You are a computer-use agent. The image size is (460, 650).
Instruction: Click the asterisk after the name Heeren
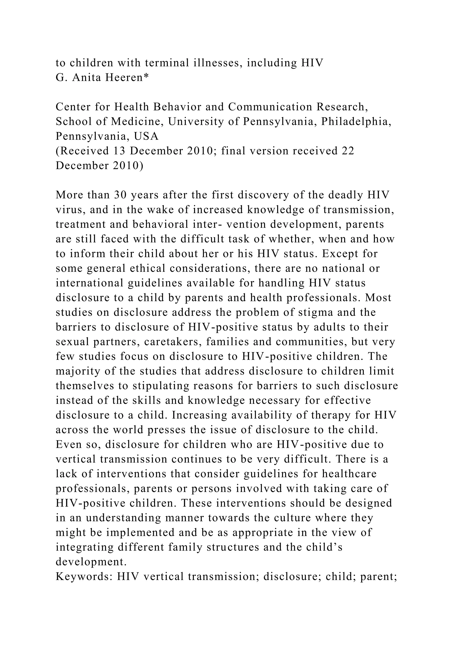[146, 77]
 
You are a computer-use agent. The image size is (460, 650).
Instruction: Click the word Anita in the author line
[86, 77]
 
